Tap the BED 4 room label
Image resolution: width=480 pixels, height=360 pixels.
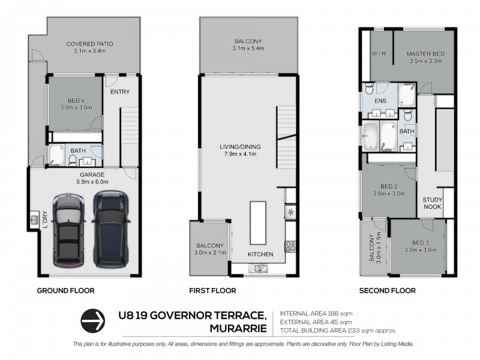click(x=75, y=103)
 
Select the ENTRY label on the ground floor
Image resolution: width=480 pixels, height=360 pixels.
click(x=120, y=92)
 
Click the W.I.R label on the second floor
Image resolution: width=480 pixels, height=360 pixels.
click(x=378, y=53)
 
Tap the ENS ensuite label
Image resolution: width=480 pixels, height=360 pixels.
click(x=380, y=101)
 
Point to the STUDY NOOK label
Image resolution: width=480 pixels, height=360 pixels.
click(x=432, y=203)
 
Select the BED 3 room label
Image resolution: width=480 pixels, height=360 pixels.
click(x=420, y=246)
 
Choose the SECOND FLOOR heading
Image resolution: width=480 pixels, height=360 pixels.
click(x=387, y=291)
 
